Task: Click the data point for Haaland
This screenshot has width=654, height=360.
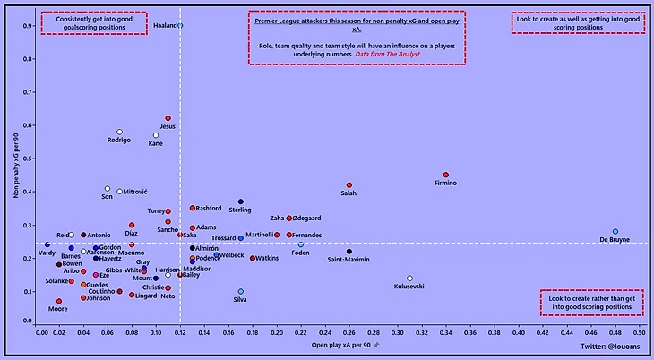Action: pos(180,25)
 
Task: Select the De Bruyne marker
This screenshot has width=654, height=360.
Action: pos(615,231)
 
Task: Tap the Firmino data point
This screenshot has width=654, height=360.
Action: pos(446,175)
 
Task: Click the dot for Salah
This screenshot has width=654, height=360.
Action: pos(349,184)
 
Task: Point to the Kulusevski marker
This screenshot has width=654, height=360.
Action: pos(409,279)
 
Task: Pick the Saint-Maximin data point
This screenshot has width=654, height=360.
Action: pos(349,252)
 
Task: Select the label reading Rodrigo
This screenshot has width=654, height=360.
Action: pos(119,141)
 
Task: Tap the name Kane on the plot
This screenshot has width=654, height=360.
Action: pos(156,144)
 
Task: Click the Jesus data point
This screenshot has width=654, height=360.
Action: pos(168,118)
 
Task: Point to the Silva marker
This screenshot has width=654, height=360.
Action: pos(240,291)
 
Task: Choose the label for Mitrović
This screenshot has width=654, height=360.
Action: pos(134,192)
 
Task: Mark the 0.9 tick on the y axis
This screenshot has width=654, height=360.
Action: pos(29,26)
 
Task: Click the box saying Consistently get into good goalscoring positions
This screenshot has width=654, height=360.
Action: pos(94,23)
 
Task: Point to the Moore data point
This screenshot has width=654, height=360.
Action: pos(59,301)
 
